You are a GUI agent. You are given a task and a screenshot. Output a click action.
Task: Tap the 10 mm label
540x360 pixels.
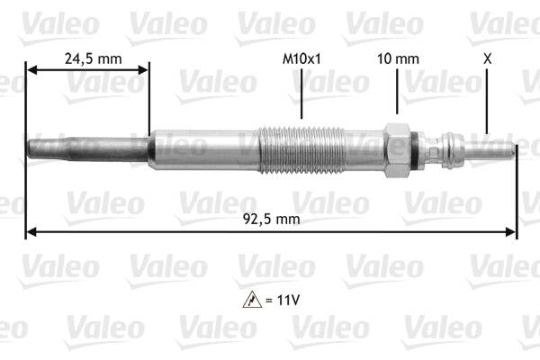398,58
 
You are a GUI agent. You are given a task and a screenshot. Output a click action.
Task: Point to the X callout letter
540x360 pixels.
487,58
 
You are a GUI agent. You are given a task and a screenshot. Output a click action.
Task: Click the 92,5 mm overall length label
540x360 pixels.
271,219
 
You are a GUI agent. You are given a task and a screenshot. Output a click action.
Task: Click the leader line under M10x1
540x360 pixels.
301,94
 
